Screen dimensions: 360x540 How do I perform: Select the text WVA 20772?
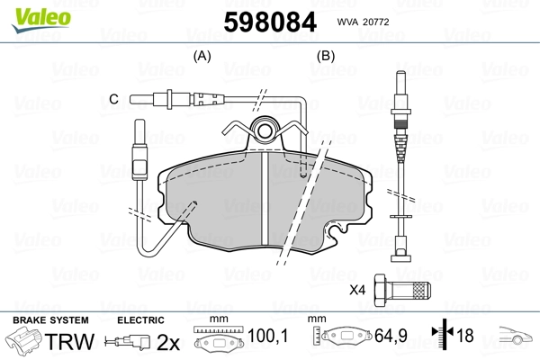point(369,22)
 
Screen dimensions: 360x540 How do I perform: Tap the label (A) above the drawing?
point(202,56)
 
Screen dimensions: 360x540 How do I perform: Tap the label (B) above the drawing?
point(326,56)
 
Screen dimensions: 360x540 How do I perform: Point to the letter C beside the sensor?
point(113,98)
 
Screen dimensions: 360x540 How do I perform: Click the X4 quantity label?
point(357,290)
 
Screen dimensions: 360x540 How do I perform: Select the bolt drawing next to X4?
point(406,290)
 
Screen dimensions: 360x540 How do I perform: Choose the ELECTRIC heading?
point(140,319)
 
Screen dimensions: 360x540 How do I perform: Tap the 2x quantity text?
point(167,342)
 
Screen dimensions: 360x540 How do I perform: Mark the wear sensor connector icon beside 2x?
point(128,343)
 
